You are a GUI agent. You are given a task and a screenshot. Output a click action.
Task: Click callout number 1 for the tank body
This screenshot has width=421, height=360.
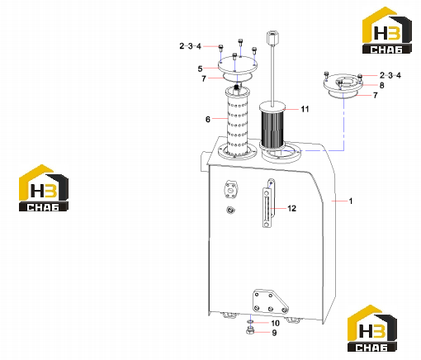point(351,201)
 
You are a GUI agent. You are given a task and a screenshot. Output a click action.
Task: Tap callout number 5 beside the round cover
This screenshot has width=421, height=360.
point(200,69)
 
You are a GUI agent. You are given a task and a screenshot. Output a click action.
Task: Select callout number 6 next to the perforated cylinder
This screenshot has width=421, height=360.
point(208,119)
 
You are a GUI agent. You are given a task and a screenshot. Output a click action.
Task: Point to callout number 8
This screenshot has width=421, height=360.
point(381,85)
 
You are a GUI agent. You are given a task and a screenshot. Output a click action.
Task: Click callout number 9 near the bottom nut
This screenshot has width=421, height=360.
point(274,333)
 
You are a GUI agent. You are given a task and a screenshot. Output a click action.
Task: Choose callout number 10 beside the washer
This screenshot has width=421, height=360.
point(275,323)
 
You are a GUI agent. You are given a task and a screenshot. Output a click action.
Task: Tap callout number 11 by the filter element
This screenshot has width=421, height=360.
point(305,109)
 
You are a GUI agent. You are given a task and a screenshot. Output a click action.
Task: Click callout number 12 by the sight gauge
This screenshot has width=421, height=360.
point(291,208)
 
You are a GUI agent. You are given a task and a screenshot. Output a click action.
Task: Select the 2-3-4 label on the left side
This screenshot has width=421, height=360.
point(191,46)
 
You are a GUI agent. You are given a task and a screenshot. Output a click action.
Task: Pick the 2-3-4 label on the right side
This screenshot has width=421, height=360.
point(390,75)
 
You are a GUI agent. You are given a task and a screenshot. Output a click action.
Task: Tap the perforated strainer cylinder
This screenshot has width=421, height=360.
point(237,122)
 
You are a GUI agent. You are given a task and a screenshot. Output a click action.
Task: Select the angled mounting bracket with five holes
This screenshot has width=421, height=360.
point(270,301)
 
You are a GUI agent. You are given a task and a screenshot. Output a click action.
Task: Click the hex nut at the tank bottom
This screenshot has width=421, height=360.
point(250,330)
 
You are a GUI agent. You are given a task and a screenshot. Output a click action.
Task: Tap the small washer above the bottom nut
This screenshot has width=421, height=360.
point(250,322)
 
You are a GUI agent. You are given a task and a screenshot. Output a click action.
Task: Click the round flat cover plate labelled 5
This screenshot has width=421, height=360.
point(238,65)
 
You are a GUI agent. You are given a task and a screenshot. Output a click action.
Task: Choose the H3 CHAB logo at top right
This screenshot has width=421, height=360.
point(387,31)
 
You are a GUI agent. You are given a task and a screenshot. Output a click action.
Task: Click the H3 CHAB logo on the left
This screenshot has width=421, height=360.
point(44,188)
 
